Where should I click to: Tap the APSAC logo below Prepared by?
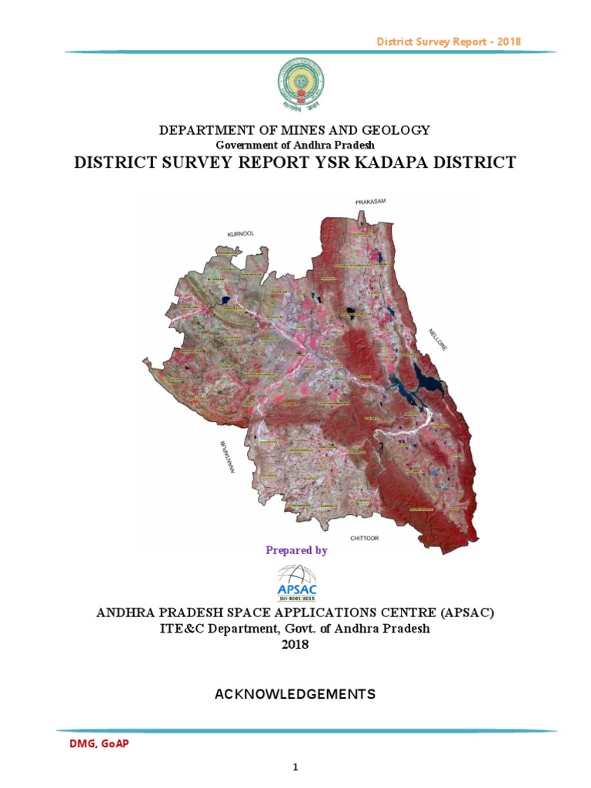(x=295, y=583)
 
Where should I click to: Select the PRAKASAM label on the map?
(x=370, y=202)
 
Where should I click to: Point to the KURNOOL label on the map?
(x=241, y=233)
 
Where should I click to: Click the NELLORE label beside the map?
(x=438, y=340)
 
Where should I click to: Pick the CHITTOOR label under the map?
(x=364, y=539)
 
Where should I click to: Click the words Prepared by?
(x=296, y=550)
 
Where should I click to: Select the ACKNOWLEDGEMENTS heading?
(x=295, y=694)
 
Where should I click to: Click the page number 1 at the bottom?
(x=295, y=767)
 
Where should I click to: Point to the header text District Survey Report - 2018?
(x=449, y=41)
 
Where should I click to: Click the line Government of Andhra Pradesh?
(x=295, y=145)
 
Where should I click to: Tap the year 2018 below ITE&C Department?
(x=295, y=644)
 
